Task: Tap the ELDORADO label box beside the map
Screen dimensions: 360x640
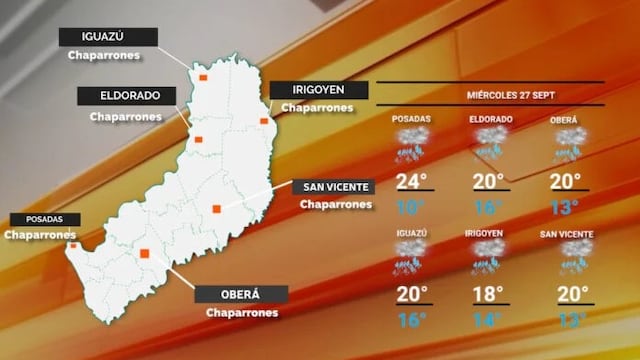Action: [x=127, y=97]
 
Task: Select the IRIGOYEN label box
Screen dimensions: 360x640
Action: [x=313, y=89]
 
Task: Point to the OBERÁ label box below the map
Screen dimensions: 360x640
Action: [x=240, y=295]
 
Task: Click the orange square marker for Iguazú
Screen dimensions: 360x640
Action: [x=202, y=76]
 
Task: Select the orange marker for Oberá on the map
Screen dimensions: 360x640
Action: [x=146, y=254]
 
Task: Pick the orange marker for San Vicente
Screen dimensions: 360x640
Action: [x=216, y=209]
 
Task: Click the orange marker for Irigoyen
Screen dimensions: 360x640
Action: [x=264, y=121]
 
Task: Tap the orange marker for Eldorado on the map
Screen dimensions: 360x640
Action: [x=198, y=139]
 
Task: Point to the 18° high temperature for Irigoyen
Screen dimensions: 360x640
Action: [x=489, y=293]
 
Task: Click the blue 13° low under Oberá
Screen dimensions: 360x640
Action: [x=565, y=207]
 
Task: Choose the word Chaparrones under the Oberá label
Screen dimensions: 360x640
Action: [x=240, y=313]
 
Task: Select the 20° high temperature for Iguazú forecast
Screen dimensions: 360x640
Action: [x=411, y=293]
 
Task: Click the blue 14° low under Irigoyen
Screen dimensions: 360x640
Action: [x=489, y=320]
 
